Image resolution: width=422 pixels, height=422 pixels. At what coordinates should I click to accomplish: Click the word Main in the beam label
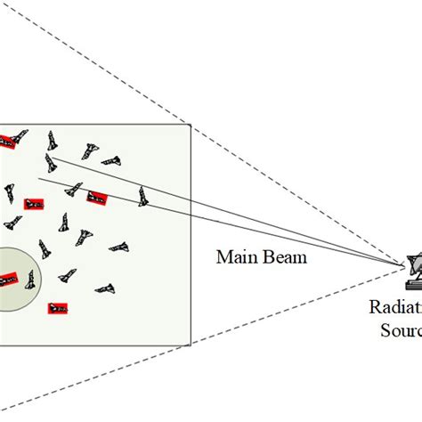tap(233, 257)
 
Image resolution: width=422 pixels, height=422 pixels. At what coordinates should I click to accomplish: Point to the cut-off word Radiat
tap(396, 308)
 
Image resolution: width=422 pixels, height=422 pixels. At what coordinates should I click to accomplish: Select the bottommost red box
tap(59, 309)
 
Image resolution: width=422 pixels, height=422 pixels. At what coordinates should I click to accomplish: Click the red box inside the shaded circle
tap(6, 280)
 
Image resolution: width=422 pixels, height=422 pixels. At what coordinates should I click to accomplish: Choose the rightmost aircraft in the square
tap(142, 196)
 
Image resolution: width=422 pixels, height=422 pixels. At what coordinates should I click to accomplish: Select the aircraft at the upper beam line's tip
tap(52, 162)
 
